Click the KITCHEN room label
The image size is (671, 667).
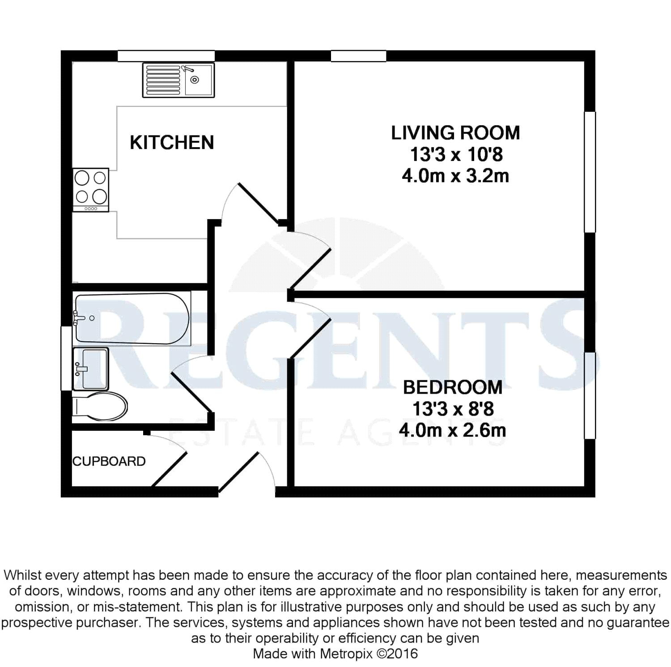tap(172, 142)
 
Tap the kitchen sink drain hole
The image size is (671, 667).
tap(195, 80)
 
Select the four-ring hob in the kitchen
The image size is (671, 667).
tap(91, 190)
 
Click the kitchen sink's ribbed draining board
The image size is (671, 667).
tap(163, 80)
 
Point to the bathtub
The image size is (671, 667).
tap(132, 319)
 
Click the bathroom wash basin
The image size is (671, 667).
tap(90, 369)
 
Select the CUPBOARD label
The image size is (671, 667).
tap(109, 461)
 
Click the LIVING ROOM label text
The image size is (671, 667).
tap(455, 133)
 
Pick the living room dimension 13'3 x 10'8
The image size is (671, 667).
tap(456, 154)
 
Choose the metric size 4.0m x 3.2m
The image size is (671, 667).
tap(455, 176)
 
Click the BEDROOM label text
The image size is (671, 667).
tap(453, 387)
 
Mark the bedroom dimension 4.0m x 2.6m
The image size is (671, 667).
tap(452, 430)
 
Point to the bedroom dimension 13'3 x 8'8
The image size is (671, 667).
tap(453, 409)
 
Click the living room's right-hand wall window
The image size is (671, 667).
tap(590, 172)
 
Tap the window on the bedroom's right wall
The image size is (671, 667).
tap(590, 395)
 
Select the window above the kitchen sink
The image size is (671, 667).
tap(166, 56)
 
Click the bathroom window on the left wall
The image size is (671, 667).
tap(66, 358)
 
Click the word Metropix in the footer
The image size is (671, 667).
tap(346, 654)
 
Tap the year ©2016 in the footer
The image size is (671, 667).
tap(397, 654)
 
